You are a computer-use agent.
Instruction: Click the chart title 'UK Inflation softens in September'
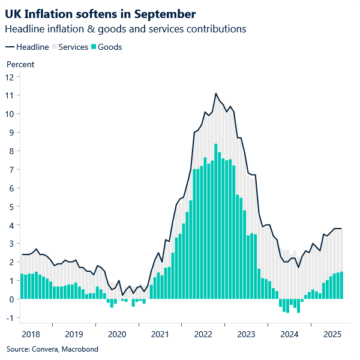point(100,13)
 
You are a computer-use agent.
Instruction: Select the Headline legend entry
point(28,47)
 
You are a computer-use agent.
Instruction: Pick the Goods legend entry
point(106,47)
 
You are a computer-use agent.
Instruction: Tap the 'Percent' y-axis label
point(20,64)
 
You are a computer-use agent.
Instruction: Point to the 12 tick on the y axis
point(10,77)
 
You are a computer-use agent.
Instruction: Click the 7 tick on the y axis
point(11,170)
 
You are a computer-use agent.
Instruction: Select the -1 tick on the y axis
point(10,317)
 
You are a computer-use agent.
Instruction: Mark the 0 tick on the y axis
point(11,299)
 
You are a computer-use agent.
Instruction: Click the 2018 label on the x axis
point(31,334)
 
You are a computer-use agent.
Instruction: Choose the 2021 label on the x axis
point(160,334)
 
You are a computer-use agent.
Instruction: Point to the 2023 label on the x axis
point(247,334)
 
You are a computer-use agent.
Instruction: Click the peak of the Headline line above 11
point(216,94)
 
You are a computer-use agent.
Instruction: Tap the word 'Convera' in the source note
point(46,349)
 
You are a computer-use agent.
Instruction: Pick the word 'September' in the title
point(161,13)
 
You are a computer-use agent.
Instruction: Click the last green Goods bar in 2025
point(341,286)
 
